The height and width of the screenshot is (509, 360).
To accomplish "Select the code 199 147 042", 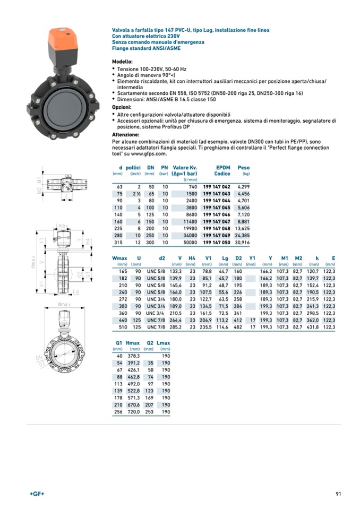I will pos(217,187).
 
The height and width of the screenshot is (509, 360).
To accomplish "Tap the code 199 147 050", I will pos(217,243).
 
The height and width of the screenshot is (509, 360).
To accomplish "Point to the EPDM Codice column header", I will pos(222,170).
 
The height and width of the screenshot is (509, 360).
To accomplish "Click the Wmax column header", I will pos(120,258).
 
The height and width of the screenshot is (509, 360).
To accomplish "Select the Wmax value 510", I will pos(123,327).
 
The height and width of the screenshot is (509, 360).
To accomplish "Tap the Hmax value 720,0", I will pos(133,411).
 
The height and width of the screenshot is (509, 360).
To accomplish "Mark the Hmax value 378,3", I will pos(133,356).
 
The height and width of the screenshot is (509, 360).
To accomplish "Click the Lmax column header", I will pos(164,343).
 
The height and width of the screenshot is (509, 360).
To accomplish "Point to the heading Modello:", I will pos(122,62).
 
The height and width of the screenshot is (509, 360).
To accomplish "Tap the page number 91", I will pos(338,494).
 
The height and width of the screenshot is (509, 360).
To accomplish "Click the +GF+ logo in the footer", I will pos(37,494).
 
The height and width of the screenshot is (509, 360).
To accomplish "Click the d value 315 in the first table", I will pos(119,243).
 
